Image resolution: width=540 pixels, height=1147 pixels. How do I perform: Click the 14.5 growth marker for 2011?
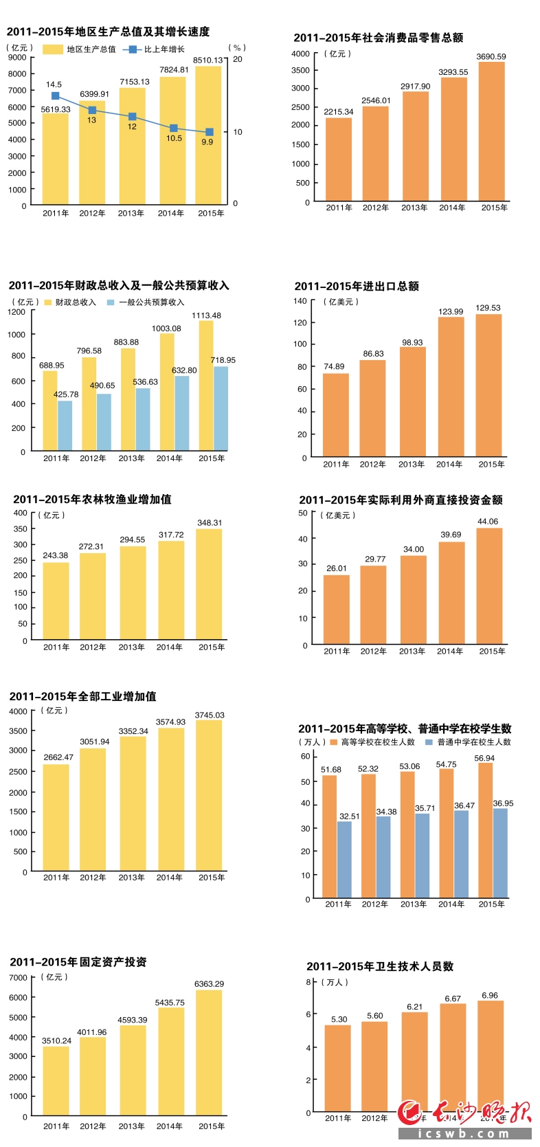(x=56, y=96)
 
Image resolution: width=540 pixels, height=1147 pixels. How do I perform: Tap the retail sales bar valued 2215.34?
(x=338, y=159)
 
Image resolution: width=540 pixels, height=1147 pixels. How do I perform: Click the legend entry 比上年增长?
(x=155, y=49)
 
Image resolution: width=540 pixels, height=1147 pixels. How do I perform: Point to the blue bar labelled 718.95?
(x=221, y=408)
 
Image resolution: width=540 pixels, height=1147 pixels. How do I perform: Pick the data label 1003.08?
(x=166, y=328)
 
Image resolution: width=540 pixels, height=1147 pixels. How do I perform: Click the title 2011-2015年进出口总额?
(x=357, y=287)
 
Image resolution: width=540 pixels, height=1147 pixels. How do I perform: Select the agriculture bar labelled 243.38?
(x=56, y=601)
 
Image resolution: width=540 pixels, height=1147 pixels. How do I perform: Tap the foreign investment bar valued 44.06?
(x=489, y=586)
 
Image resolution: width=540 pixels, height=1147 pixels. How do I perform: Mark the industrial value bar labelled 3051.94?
(x=93, y=809)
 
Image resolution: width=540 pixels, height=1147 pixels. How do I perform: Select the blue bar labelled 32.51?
(x=344, y=859)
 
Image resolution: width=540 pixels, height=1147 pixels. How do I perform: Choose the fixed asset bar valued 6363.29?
(x=209, y=1051)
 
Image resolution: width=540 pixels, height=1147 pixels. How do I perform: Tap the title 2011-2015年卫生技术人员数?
(x=380, y=967)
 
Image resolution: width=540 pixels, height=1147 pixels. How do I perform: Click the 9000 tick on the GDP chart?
(x=17, y=58)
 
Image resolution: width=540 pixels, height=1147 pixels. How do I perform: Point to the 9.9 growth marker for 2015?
(x=210, y=132)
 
